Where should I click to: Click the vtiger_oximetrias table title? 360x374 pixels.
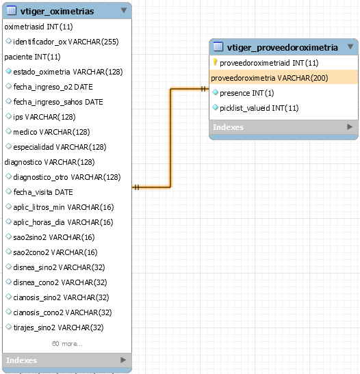click(57, 11)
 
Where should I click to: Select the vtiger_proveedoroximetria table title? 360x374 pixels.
click(283, 47)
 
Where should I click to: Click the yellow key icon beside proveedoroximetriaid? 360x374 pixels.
click(215, 62)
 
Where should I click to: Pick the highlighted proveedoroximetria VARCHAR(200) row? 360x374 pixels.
click(270, 78)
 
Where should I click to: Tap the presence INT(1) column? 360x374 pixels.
click(247, 93)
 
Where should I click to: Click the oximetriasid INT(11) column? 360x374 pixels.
click(38, 27)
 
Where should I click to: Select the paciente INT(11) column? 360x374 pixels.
click(32, 57)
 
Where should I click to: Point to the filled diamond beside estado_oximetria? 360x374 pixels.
click(9, 71)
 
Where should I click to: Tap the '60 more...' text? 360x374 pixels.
click(67, 344)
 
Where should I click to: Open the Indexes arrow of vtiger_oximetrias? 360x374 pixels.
click(123, 360)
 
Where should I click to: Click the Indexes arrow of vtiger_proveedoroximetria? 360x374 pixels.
click(350, 126)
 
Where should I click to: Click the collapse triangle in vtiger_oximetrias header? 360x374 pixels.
click(124, 10)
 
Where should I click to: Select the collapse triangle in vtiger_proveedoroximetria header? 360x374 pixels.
click(350, 46)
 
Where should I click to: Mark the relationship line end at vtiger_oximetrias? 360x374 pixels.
click(133, 187)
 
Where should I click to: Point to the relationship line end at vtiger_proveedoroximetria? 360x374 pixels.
click(209, 89)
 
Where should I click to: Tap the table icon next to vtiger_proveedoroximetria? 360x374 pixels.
click(218, 46)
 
